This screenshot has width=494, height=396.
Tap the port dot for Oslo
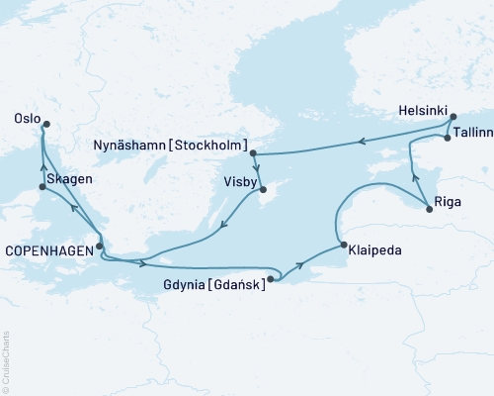[x=43, y=123]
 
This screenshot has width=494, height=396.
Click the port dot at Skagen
[x=41, y=186]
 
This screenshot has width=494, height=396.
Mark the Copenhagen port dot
[x=100, y=246]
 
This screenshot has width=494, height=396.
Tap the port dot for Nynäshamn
[x=254, y=153]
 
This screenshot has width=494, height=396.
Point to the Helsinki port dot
[x=453, y=118]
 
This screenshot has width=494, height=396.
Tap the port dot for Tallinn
[x=448, y=139]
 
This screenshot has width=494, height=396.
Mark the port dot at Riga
[x=428, y=207]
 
